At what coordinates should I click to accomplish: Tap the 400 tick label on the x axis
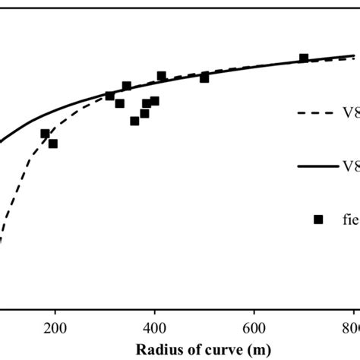click(155, 328)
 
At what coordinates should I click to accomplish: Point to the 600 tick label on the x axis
click(254, 328)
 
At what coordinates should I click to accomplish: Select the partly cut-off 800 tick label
click(351, 328)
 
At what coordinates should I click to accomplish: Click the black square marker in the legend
click(318, 219)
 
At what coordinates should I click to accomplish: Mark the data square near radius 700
click(304, 58)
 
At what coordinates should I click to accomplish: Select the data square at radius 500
click(204, 77)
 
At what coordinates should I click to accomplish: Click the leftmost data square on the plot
click(45, 134)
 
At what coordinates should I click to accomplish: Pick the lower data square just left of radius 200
click(52, 144)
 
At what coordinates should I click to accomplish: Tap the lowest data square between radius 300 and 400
click(134, 121)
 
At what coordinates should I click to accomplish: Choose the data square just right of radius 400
click(161, 76)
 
